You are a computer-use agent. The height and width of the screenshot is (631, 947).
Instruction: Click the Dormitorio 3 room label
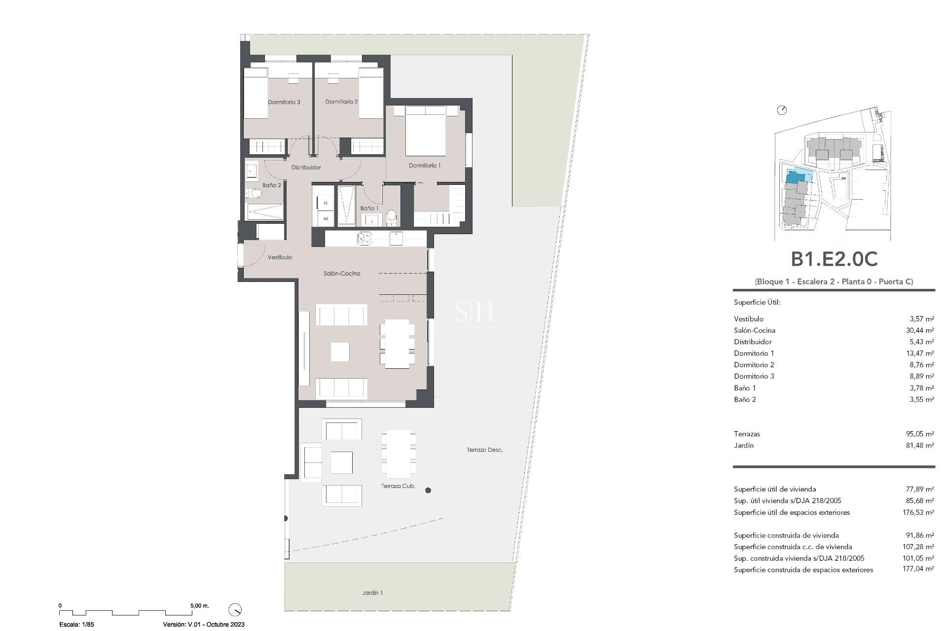point(284,102)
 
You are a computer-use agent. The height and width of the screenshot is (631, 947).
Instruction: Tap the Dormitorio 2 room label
point(341,102)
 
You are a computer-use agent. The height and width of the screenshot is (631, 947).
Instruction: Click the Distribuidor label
point(306,167)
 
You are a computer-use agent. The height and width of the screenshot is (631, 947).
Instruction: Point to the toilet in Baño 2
point(254,193)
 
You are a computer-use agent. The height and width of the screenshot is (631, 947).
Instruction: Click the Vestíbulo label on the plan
point(280,257)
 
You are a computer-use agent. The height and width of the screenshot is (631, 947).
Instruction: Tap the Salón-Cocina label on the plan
point(342,273)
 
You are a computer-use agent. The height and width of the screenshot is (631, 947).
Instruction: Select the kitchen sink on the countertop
point(364,239)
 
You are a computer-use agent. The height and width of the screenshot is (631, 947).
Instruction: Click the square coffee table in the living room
point(340,352)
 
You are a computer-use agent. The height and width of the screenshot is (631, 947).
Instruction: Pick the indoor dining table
point(397,344)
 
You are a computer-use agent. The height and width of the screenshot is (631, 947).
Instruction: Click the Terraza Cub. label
point(398,486)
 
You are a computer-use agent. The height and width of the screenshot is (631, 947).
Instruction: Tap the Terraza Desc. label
point(484,450)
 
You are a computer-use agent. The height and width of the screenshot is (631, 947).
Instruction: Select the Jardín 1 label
point(372,593)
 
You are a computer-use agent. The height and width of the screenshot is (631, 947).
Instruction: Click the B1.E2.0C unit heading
point(834,259)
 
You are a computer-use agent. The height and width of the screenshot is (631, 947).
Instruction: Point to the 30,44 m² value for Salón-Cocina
point(919,330)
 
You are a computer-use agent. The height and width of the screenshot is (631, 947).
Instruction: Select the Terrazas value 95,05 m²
point(919,434)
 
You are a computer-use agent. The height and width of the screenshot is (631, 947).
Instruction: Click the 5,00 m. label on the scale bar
point(199,605)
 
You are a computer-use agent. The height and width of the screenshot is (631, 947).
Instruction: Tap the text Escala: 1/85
point(76,624)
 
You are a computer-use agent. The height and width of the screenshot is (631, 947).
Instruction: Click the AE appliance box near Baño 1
point(326,218)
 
